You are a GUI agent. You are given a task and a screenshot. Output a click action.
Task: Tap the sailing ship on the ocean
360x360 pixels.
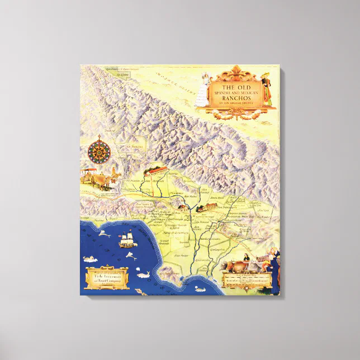point(126,240)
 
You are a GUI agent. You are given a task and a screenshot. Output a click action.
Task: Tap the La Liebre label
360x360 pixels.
point(115,73)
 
